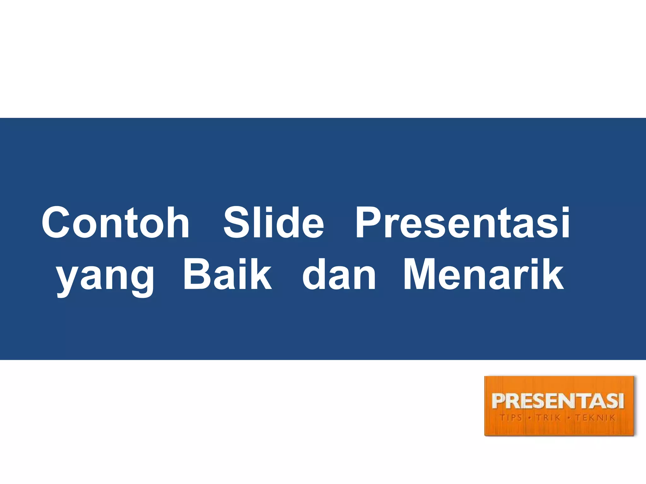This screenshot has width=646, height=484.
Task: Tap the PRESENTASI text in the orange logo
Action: (558, 401)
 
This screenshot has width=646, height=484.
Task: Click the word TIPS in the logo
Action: (511, 418)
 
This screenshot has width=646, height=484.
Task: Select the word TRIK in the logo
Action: (549, 418)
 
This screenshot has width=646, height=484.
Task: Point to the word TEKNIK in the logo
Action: (595, 418)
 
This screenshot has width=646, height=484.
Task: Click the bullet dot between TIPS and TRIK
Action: (530, 418)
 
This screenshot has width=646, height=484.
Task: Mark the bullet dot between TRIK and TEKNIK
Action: (569, 418)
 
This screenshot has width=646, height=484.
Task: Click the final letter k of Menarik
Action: (554, 274)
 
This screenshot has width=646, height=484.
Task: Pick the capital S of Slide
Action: (235, 222)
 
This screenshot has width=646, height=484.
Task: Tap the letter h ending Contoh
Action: (178, 222)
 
